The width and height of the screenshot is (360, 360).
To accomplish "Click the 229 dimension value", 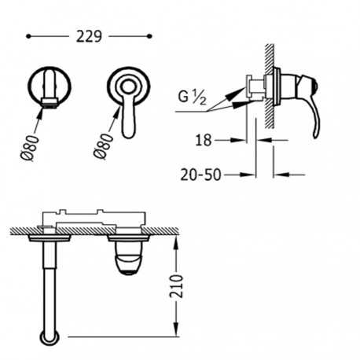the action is click(x=89, y=37).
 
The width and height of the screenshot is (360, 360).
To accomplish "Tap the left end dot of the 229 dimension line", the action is click(x=28, y=36).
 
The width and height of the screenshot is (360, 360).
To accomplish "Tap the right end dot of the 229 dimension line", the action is click(x=149, y=36).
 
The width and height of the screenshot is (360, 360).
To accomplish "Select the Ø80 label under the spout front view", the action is click(x=29, y=148).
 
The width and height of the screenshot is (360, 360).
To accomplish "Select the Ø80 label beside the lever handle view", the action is click(x=103, y=146).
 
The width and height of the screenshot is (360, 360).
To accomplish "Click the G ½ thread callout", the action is click(x=192, y=97).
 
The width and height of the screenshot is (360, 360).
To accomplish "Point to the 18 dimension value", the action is click(x=204, y=140).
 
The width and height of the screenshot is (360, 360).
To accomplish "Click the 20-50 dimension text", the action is click(x=200, y=174).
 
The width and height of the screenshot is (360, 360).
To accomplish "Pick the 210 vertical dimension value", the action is click(x=176, y=286).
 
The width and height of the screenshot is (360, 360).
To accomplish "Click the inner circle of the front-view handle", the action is click(x=128, y=87).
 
